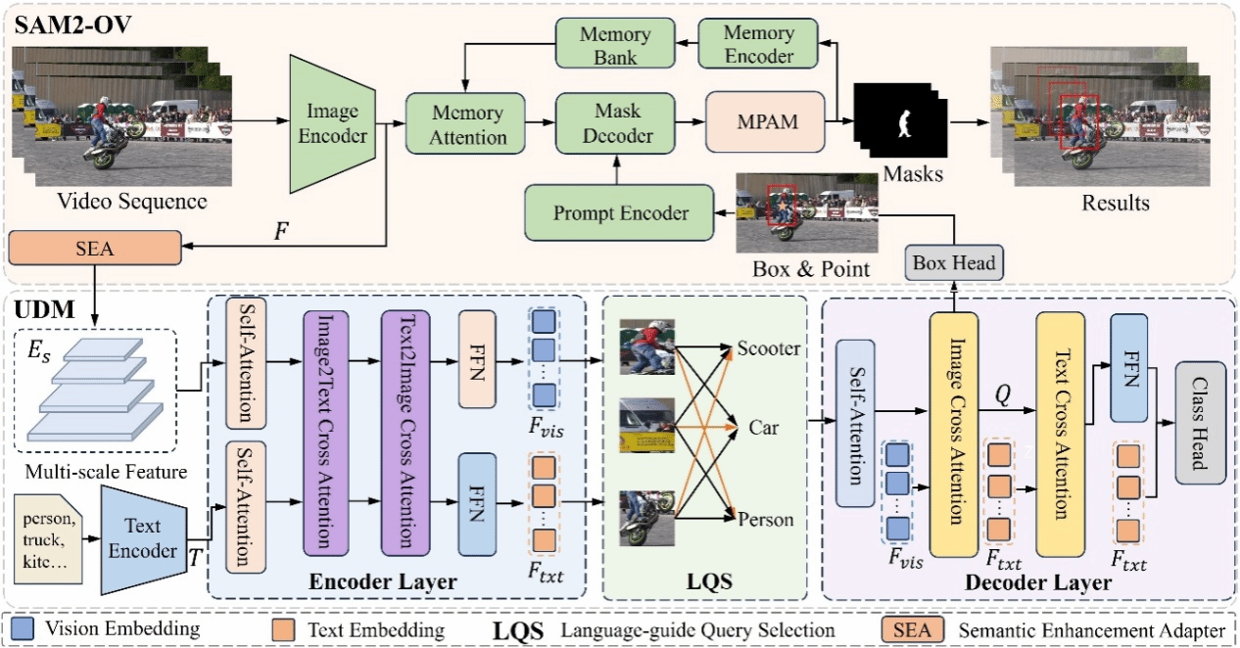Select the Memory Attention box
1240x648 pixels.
click(x=467, y=124)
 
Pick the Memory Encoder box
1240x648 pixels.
click(x=758, y=45)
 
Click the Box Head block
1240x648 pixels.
click(x=953, y=261)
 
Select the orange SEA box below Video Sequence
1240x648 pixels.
click(x=95, y=248)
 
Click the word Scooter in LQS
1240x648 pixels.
click(x=769, y=348)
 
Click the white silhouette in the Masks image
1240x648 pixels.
click(x=906, y=122)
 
